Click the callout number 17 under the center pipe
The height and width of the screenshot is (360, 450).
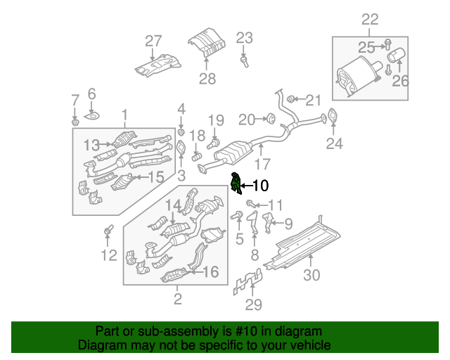point(262,166)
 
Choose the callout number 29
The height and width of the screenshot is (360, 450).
point(252,304)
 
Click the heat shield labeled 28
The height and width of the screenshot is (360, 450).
point(207,41)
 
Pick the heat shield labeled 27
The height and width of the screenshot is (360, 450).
point(157,65)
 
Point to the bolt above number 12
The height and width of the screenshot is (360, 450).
point(108,230)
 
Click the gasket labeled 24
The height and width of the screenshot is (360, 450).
point(333,118)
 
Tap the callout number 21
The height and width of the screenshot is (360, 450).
point(312,99)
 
